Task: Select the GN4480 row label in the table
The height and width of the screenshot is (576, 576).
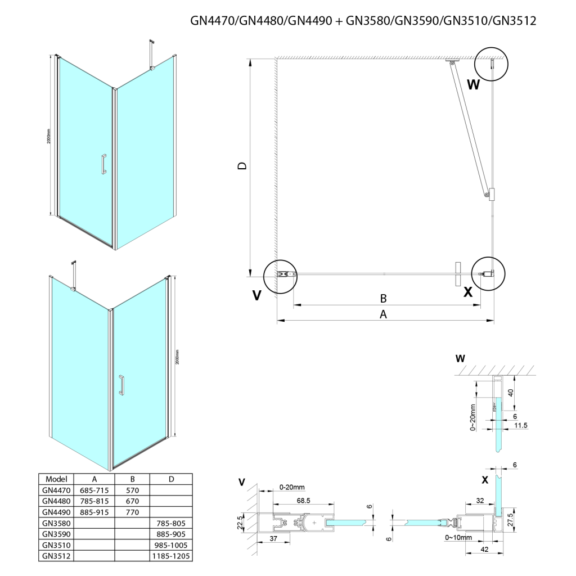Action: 55,501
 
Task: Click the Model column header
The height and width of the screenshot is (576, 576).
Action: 55,479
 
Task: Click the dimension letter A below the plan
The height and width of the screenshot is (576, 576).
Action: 384,314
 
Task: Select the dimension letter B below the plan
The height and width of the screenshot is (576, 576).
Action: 383,298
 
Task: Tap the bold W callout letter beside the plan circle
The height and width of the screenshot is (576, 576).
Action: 474,85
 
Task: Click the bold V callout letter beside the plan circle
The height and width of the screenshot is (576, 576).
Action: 256,295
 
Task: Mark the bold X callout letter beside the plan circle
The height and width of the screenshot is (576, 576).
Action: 467,292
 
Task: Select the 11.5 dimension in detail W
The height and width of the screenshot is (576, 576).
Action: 521,426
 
